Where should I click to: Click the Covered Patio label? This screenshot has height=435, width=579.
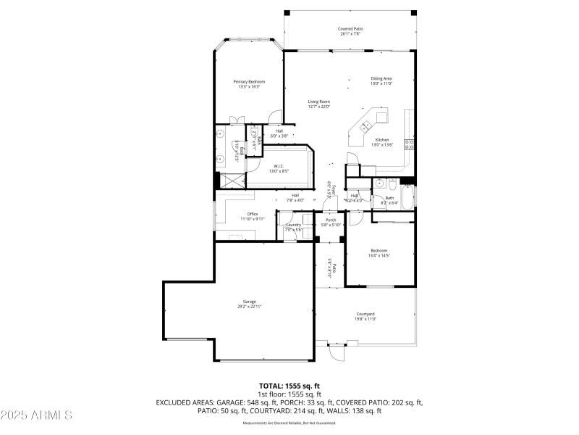coord(351,29)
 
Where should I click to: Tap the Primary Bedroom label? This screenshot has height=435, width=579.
coord(249,82)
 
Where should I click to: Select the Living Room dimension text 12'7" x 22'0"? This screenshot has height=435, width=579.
coord(319,107)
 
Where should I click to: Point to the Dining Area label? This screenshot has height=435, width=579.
coord(381,78)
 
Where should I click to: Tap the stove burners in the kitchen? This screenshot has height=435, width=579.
coord(409,142)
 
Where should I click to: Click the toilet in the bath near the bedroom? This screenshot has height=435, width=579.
coord(392,183)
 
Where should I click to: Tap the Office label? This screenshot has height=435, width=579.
coord(253,214)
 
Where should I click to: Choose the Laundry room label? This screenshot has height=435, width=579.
coord(293,225)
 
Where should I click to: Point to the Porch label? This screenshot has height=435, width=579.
coord(330,220)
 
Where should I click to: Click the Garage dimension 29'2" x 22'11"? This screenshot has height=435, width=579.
coord(249,307)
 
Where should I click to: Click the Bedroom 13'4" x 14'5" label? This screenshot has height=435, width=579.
coord(379,251)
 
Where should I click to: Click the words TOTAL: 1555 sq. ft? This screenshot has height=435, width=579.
coord(289,385)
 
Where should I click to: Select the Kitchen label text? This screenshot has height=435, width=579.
coord(381,140)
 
